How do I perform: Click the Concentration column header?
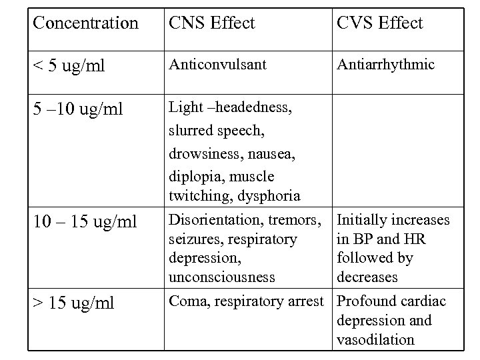[x=85, y=23]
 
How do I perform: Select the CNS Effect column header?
[x=212, y=23]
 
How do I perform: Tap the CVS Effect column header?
[x=380, y=23]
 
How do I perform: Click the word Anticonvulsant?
[x=218, y=65]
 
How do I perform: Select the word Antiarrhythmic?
[x=386, y=65]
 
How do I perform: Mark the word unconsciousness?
[x=217, y=277]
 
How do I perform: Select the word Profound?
[x=366, y=301]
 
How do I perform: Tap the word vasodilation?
[x=375, y=339]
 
